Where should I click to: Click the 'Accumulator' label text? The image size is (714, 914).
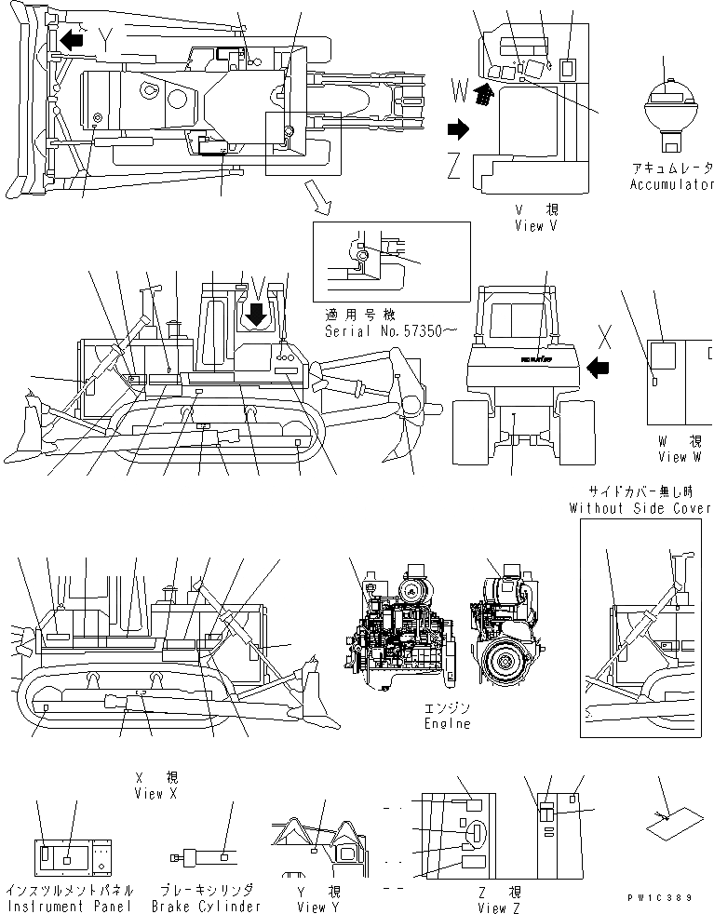click(670, 185)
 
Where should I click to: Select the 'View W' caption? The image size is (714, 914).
click(684, 457)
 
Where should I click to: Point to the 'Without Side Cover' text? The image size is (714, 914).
click(640, 508)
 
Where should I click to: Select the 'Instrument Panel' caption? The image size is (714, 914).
click(70, 906)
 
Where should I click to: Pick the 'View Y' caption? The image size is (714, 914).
click(313, 907)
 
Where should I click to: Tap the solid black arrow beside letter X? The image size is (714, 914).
click(599, 369)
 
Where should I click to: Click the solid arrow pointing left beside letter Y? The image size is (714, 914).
click(71, 40)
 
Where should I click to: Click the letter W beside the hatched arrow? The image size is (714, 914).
click(459, 89)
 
